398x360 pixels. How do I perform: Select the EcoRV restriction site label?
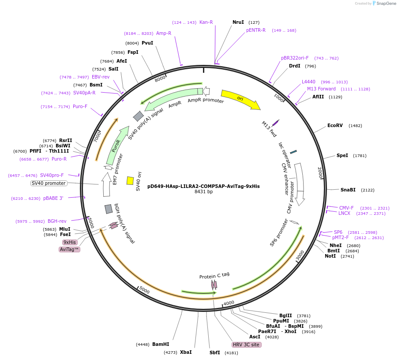[335, 125]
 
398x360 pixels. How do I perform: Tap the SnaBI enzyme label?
[348, 190]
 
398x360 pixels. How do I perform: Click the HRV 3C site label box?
[247, 345]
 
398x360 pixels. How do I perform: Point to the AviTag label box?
[69, 249]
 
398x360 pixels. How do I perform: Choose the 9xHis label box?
[70, 242]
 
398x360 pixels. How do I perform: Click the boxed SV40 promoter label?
[49, 183]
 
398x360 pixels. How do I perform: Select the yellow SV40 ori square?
[130, 180]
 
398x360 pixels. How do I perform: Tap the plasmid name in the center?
[203, 186]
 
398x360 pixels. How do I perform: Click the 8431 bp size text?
[203, 192]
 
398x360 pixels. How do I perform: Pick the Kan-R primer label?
[206, 22]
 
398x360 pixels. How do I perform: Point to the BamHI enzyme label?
[161, 344]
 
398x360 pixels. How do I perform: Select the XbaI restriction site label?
[186, 352]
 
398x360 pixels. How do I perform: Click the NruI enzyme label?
[238, 22]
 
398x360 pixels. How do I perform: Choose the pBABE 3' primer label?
[53, 198]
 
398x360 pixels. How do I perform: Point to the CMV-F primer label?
[346, 208]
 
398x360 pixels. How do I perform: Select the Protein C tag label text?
[214, 275]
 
